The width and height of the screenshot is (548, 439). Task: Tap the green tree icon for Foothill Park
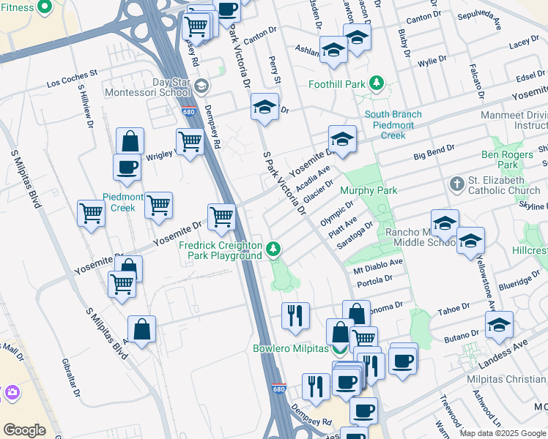point(377,83)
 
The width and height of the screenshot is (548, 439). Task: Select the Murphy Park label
point(369,190)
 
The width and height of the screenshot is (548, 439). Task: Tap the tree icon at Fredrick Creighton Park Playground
point(273,250)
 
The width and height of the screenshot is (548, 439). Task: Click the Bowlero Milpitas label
point(291,348)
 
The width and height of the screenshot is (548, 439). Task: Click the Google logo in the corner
point(24,430)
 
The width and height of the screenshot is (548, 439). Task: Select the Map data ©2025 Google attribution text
point(503,433)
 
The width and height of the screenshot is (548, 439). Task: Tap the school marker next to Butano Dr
point(499,324)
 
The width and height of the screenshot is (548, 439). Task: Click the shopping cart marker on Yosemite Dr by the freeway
point(221,217)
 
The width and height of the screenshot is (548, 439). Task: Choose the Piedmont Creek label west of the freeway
point(119,203)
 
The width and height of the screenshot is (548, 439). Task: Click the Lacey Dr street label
point(524,44)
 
